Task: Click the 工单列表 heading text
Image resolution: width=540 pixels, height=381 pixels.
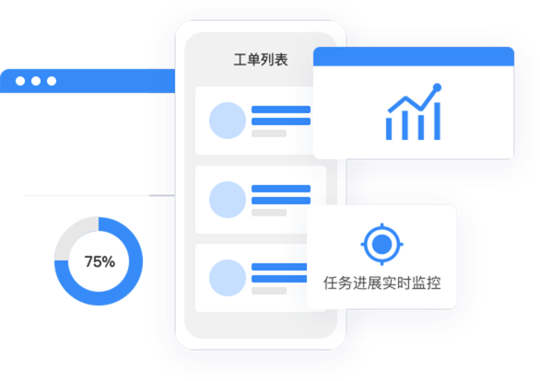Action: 261,60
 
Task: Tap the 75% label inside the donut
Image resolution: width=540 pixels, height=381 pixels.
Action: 100,261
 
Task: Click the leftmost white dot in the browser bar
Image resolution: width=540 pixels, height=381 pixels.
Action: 20,81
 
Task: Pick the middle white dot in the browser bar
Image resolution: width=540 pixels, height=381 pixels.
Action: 36,81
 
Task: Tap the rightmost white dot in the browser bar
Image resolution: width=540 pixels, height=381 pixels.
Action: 52,81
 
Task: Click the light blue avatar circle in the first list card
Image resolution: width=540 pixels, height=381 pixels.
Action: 228,121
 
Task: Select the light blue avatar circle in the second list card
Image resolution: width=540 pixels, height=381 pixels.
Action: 228,200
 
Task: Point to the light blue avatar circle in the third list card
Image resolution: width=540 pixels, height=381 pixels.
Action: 228,278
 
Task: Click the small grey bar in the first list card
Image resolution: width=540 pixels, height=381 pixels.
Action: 269,133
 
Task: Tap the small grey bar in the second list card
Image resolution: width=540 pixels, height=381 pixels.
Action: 269,213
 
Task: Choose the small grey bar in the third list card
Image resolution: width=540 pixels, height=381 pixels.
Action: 269,291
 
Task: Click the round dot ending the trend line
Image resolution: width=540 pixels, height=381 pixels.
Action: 438,87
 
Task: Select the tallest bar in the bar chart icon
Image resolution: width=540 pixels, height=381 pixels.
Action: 437,121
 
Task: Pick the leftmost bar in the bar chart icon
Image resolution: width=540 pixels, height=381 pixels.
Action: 389,129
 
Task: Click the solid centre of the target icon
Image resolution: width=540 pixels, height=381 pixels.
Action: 382,244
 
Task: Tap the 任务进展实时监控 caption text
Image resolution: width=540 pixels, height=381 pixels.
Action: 382,283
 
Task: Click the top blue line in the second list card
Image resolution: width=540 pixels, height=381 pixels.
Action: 281,189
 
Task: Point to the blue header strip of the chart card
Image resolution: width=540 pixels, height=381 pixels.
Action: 414,56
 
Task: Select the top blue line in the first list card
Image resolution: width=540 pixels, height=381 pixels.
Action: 281,110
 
